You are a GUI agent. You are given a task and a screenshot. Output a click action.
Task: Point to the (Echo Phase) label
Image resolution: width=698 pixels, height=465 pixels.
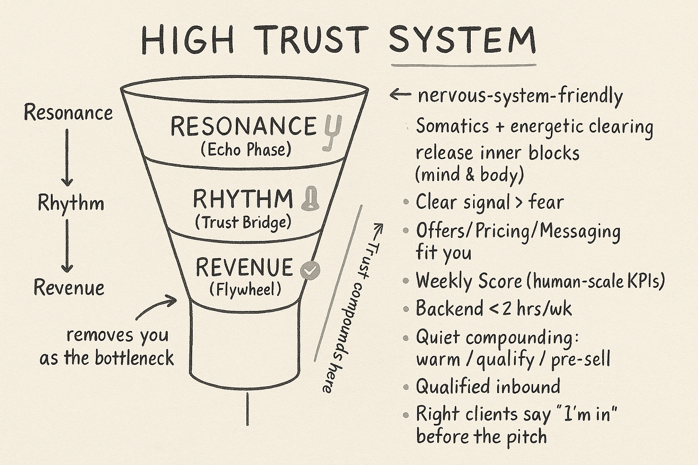(246, 150)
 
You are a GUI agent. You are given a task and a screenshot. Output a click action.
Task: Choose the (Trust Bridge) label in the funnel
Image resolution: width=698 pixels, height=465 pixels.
(244, 222)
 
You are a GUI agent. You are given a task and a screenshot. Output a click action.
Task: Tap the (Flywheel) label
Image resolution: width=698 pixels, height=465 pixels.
(245, 289)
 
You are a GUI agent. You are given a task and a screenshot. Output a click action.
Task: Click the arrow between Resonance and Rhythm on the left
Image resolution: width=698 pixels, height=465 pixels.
(67, 158)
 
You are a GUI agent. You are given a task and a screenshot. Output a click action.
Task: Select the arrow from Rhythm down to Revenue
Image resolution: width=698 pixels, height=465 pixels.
(67, 245)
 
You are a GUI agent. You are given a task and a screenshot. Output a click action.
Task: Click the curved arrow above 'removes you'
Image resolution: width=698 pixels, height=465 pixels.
(156, 306)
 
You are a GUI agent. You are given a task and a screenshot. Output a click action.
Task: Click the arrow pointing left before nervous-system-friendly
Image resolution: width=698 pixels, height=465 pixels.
(400, 95)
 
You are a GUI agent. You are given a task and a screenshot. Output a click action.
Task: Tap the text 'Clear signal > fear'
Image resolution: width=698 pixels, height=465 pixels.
(489, 202)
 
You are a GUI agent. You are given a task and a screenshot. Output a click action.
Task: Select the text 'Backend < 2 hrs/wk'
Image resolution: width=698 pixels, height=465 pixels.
(494, 308)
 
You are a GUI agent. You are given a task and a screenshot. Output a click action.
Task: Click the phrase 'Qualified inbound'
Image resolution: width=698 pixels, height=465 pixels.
(488, 386)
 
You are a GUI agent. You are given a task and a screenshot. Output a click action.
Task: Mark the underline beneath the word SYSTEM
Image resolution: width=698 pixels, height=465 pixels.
(464, 65)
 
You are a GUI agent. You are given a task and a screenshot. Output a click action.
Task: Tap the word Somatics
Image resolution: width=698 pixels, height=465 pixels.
(446, 126)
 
